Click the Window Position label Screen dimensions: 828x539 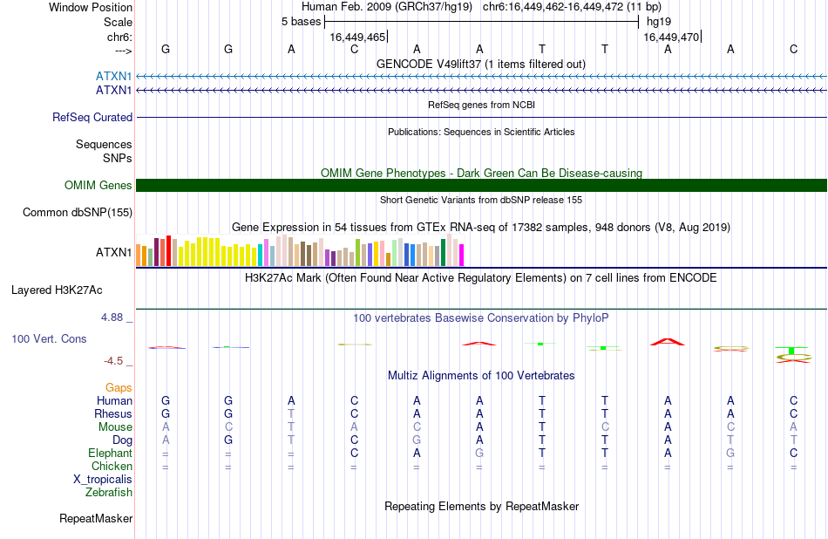[x=91, y=7]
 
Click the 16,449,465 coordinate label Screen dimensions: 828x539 [x=357, y=37]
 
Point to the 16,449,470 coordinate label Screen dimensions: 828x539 [x=671, y=37]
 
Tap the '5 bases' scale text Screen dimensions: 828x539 [x=301, y=22]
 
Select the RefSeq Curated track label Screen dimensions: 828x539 [x=92, y=118]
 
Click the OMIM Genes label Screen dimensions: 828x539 [x=98, y=186]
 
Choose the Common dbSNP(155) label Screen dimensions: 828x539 [x=78, y=213]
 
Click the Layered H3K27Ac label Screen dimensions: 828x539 [x=57, y=290]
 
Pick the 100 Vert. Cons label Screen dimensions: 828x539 [x=49, y=338]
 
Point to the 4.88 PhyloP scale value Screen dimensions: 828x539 [x=112, y=317]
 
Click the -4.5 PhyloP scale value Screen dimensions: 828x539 [x=113, y=361]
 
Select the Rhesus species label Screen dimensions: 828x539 [x=113, y=413]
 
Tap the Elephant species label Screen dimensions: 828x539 [x=111, y=454]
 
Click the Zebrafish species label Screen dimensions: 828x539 [x=109, y=493]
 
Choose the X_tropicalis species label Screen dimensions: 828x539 [x=103, y=480]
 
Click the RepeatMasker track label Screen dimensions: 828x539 [x=96, y=519]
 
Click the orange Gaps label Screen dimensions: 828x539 [x=119, y=388]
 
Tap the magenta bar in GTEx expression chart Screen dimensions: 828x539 [x=462, y=255]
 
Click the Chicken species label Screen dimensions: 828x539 [x=112, y=466]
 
